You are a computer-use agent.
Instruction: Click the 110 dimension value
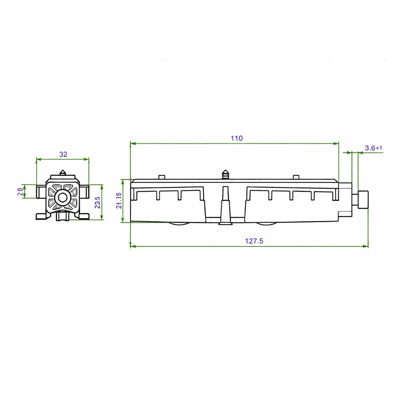coord(237,138)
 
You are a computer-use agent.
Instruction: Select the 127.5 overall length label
coord(254,241)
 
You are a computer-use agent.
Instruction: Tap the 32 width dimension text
coord(63,154)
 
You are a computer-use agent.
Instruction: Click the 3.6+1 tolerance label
coord(373,148)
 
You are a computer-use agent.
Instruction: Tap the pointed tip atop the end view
coord(62,172)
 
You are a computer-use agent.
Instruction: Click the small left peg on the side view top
coord(162,177)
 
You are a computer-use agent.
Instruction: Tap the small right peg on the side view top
coord(295,177)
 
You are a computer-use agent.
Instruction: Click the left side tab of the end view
coord(41,191)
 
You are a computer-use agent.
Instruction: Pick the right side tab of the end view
coord(83,191)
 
